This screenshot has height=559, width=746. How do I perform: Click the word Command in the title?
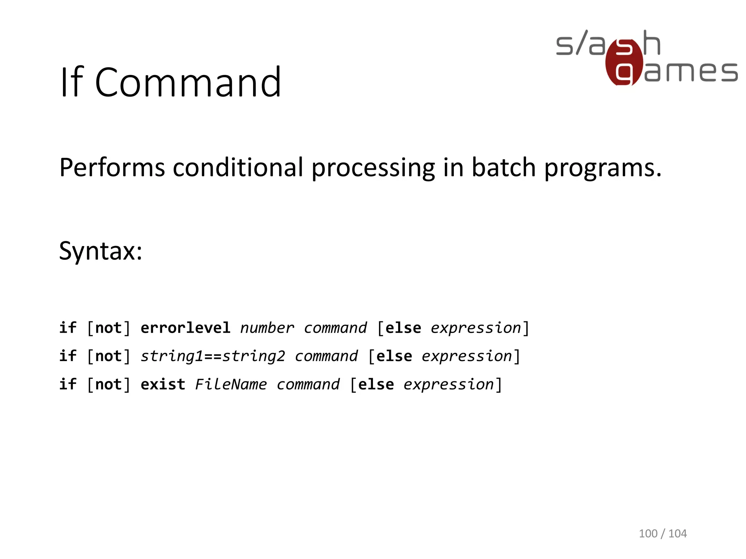pos(188,83)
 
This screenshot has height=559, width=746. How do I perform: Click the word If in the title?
pos(72,83)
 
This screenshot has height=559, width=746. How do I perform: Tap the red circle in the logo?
pos(624,63)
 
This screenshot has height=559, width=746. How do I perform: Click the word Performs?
pos(112,168)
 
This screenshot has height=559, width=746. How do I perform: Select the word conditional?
pos(238,168)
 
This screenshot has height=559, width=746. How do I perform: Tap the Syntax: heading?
pos(101,251)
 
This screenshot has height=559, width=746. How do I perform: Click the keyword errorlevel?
pos(185,328)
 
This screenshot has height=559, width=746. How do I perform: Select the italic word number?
pos(267,328)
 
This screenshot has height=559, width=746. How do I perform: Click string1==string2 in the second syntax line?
pos(213,356)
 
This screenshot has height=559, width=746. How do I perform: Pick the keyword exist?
pos(163,384)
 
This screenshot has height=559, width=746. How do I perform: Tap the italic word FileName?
pos(231,384)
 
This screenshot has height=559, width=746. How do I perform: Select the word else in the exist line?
pos(376,384)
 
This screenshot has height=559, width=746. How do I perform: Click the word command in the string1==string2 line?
pos(326,356)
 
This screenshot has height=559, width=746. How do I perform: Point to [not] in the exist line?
pos(109,384)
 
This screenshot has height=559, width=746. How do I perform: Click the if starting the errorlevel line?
pos(68,328)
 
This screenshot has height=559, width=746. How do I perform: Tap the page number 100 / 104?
pos(663,534)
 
